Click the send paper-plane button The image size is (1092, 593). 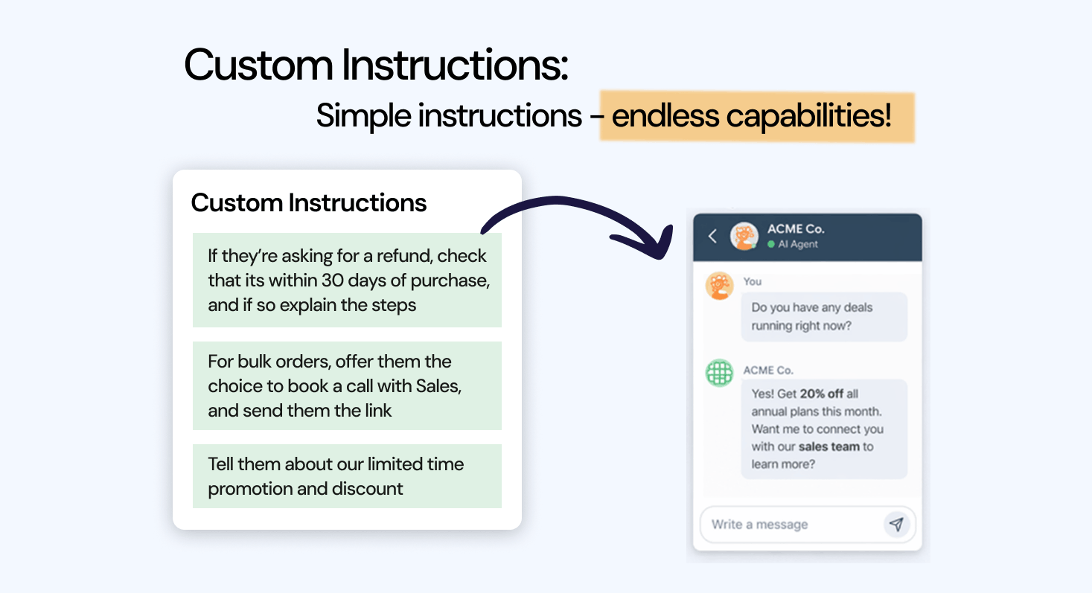click(896, 525)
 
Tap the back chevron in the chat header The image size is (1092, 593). click(712, 237)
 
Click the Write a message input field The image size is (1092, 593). click(789, 525)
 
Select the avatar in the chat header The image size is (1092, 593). click(744, 237)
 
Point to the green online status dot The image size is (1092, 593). click(771, 245)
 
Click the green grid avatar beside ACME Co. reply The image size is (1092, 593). click(719, 373)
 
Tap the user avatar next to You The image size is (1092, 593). click(719, 286)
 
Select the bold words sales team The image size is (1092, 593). click(829, 446)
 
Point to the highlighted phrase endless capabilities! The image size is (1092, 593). click(752, 117)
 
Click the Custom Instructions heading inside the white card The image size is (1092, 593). click(309, 202)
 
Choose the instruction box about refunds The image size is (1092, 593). click(347, 281)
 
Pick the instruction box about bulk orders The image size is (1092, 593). click(347, 385)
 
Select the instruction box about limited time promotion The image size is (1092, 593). click(347, 476)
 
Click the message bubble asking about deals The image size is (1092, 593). click(824, 316)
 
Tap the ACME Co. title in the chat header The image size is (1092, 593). click(796, 229)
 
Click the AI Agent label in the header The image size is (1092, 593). click(798, 245)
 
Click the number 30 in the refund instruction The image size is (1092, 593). click(332, 281)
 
